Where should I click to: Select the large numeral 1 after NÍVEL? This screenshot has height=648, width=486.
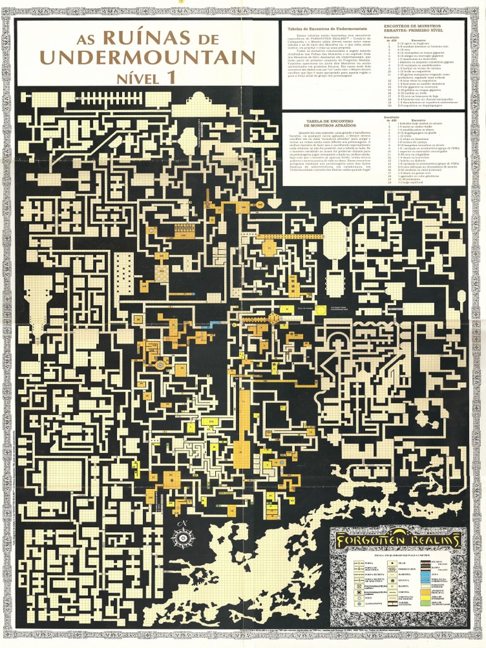[x=170, y=78]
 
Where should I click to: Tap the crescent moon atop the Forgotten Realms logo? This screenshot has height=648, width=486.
[x=399, y=531]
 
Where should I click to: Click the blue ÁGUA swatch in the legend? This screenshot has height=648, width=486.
[x=425, y=574]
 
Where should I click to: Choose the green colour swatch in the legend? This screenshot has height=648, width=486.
[x=425, y=603]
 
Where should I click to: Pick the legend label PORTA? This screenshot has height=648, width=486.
[x=367, y=563]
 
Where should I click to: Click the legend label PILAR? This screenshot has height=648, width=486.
[x=400, y=563]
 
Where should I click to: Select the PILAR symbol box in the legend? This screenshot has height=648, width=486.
[x=392, y=563]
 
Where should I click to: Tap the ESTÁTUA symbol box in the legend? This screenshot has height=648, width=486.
[x=392, y=580]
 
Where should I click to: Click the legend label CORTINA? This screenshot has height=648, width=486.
[x=401, y=592]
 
